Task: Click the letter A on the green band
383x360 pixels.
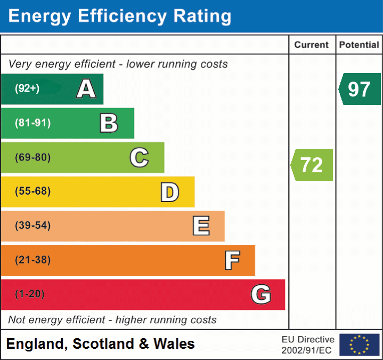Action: tap(86, 89)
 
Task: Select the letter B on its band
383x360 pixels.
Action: tap(109, 123)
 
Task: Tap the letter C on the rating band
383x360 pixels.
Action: tap(139, 157)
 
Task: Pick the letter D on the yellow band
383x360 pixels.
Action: tap(169, 192)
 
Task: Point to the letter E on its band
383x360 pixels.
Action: tap(200, 226)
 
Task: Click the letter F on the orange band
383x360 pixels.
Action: tap(232, 260)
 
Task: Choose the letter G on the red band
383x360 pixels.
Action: tap(261, 294)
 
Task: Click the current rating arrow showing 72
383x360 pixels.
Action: tap(312, 165)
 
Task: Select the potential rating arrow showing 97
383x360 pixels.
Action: tap(360, 89)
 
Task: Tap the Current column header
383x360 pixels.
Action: tap(312, 45)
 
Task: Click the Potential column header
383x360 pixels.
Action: tap(359, 45)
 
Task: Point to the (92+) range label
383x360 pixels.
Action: tap(27, 89)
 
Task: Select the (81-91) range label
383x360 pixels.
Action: tap(32, 123)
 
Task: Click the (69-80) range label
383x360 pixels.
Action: tap(32, 157)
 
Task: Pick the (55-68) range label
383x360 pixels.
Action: tap(32, 191)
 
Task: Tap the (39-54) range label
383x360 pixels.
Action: tap(32, 226)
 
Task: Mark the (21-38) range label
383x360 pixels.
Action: tap(32, 260)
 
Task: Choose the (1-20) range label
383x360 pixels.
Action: tap(29, 294)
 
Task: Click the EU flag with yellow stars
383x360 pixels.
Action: tap(359, 345)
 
